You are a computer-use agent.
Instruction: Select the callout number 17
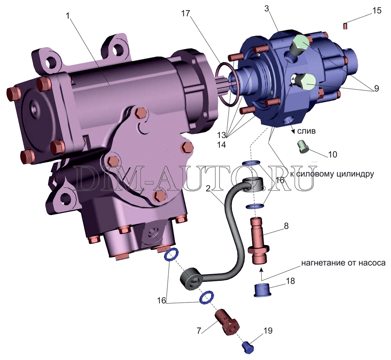pos(186,14)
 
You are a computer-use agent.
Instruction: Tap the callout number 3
pos(267,9)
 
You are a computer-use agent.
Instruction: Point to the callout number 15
pos(377,10)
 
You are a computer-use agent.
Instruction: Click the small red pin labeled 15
pos(345,26)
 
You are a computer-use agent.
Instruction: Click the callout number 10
pos(332,154)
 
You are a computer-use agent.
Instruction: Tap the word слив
pos(306,131)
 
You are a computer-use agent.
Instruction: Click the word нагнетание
pos(320,263)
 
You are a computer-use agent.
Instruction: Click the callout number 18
pos(290,281)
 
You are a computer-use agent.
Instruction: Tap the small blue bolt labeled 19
pos(247,347)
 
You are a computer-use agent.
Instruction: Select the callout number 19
pos(268,331)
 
